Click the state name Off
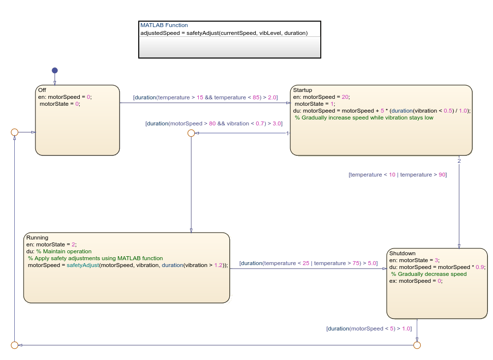tap(42, 90)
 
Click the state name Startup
tap(303, 90)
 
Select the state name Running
tap(37, 238)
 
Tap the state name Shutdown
tap(402, 253)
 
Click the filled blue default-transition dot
tap(55, 70)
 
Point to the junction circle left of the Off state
tap(14, 132)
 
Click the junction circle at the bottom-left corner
tap(14, 345)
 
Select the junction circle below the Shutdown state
tap(417, 345)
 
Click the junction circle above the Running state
tap(191, 133)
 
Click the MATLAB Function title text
tap(164, 25)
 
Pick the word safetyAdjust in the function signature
tap(203, 33)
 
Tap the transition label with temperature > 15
tap(205, 97)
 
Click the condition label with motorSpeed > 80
tap(214, 123)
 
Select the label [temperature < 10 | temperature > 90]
tap(398, 175)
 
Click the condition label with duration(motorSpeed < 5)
tap(369, 329)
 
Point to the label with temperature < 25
tap(308, 263)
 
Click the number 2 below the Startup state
tap(459, 161)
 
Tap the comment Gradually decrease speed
tap(429, 274)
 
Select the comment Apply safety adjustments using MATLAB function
tap(95, 258)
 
